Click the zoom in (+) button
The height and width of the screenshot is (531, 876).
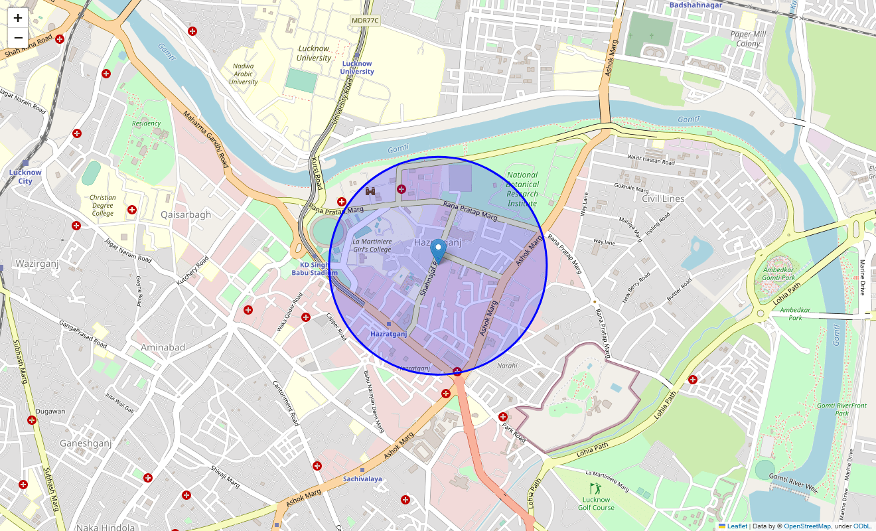[x=18, y=18]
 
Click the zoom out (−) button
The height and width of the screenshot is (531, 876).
[x=18, y=38]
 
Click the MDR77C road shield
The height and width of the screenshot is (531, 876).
[x=365, y=21]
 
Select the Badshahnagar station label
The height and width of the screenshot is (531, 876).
[x=695, y=5]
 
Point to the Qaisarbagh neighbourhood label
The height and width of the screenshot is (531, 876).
[x=186, y=214]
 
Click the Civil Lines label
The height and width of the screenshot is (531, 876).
[x=663, y=198]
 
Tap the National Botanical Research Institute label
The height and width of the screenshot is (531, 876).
[x=522, y=189]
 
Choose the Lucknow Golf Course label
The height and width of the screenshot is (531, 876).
[x=596, y=504]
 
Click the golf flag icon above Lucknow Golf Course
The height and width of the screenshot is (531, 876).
[x=595, y=489]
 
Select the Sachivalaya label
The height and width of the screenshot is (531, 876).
[x=362, y=479]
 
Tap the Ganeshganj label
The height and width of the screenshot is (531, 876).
[x=86, y=443]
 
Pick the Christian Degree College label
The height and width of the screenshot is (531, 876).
[x=103, y=205]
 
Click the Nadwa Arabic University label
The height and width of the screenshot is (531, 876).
[x=244, y=74]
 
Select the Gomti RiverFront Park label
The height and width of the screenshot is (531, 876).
[x=841, y=409]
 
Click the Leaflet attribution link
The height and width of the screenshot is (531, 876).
[x=737, y=526]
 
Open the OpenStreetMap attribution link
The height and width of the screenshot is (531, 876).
[x=807, y=526]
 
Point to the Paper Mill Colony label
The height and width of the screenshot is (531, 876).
[x=748, y=38]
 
